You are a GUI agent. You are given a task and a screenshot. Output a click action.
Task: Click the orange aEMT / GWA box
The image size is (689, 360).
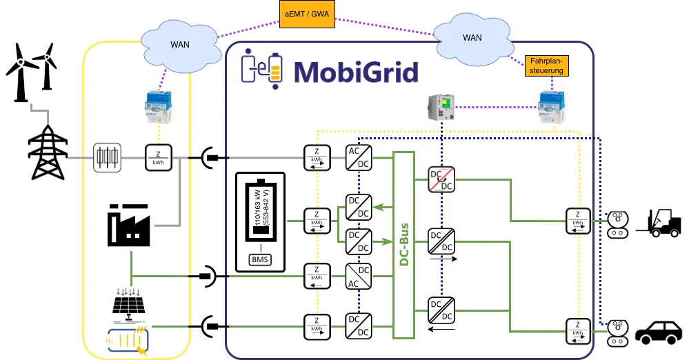click(305, 13)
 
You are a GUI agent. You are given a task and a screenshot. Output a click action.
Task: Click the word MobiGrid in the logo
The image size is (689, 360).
click(356, 72)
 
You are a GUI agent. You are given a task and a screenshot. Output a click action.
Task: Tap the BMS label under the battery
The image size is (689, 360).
click(260, 260)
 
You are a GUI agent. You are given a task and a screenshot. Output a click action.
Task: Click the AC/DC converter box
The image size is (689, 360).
click(358, 157)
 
